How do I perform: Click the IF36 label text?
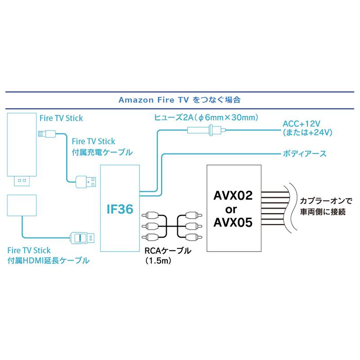tap(120, 210)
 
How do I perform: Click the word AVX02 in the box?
tap(232, 197)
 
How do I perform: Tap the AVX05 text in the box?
tap(232, 222)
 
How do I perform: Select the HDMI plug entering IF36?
tap(83, 237)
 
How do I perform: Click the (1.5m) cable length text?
tap(156, 260)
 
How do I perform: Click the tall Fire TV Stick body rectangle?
tap(22, 144)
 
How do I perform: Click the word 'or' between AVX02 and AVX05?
tap(232, 209)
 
